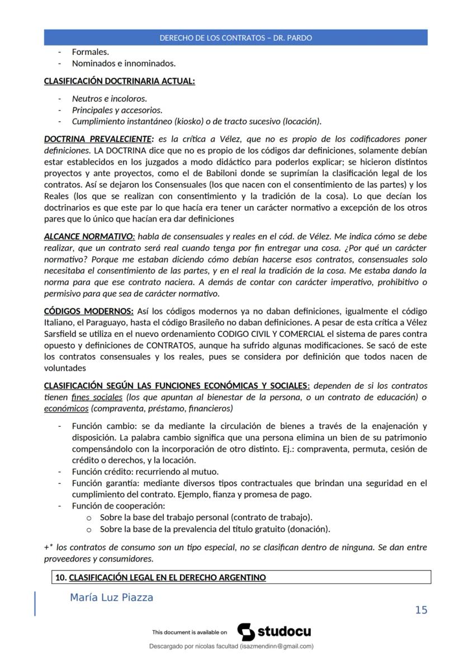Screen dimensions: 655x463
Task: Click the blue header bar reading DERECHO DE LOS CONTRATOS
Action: pos(235,37)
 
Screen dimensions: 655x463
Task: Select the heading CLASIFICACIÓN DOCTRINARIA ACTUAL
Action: pos(119,81)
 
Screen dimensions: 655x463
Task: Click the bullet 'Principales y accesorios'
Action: pos(117,110)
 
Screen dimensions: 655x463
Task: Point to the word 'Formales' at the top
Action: pos(90,52)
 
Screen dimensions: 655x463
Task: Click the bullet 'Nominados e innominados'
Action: pos(124,63)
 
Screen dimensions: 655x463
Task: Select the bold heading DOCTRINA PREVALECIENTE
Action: pos(98,139)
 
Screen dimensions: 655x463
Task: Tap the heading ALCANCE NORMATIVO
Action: pos(89,236)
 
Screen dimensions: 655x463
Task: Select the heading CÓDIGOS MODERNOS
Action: pos(88,311)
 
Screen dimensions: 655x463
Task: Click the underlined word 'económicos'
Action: pos(62,408)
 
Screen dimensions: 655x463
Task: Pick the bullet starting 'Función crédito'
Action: pos(145,472)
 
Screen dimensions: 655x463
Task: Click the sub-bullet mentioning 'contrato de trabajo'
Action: pos(206,517)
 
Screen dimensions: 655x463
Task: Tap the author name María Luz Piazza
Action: pos(111,597)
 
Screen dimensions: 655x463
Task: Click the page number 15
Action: pos(421,610)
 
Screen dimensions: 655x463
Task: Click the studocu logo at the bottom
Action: pos(275,632)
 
